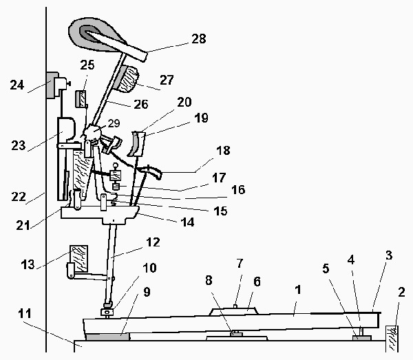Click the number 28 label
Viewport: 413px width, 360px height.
198,39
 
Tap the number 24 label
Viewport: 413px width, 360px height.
18,85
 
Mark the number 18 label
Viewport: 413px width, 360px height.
224,151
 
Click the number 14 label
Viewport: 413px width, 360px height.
187,222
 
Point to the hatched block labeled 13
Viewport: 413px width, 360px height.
77,256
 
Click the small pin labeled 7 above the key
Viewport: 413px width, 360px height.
235,306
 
